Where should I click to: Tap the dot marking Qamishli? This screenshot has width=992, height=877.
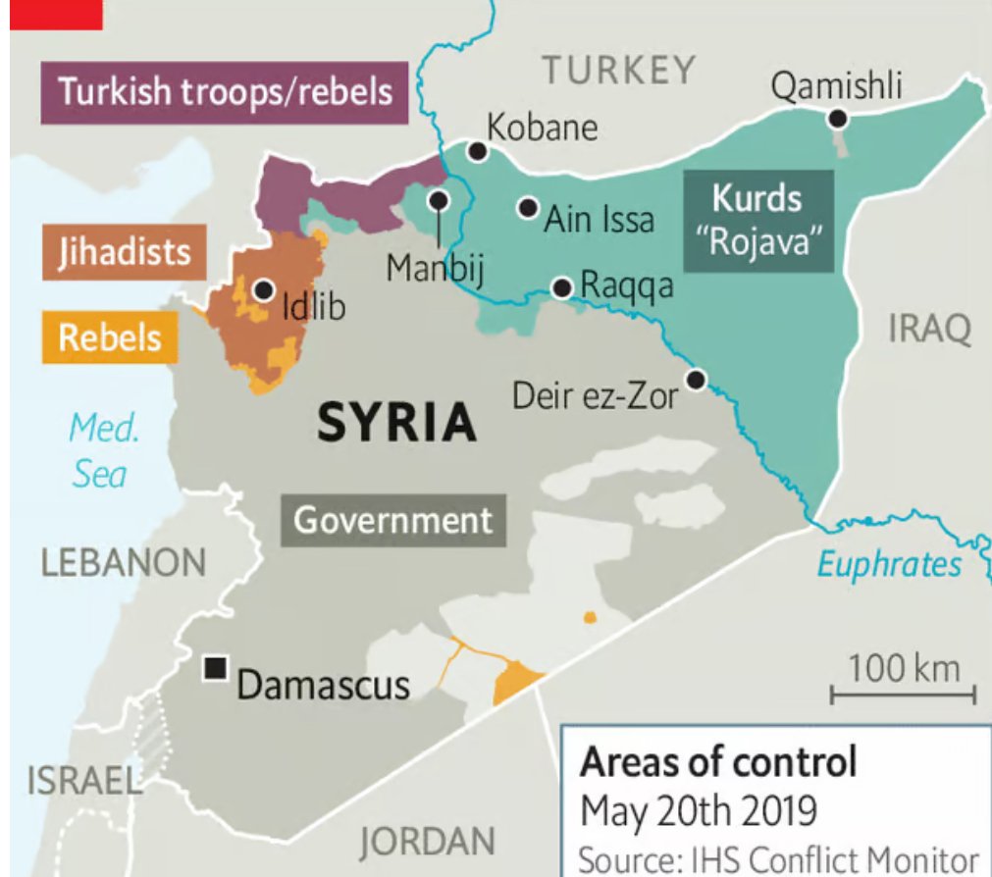tap(837, 119)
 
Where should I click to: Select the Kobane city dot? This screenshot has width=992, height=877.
tap(477, 151)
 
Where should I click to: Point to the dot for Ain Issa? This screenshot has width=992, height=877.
tap(528, 208)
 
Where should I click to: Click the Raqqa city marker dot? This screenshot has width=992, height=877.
tap(562, 287)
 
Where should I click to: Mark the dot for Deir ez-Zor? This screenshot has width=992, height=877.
tap(696, 380)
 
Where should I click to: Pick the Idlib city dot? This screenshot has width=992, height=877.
tap(263, 290)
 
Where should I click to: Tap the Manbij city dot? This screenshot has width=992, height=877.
tap(438, 200)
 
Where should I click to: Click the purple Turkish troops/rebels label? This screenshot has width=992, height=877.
tap(225, 93)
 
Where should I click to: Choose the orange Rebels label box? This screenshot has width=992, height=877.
tap(109, 337)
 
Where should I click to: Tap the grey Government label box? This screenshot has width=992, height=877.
tap(393, 520)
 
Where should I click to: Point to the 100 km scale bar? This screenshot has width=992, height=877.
tap(903, 694)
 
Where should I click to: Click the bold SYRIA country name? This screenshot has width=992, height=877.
tap(397, 425)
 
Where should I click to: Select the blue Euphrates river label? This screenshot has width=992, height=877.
tap(889, 564)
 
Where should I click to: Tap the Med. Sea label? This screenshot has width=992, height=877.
tap(102, 451)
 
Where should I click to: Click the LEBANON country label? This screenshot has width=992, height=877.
tap(124, 563)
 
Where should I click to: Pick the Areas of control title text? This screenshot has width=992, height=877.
tap(718, 762)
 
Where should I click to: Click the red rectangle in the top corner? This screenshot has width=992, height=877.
tap(55, 14)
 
